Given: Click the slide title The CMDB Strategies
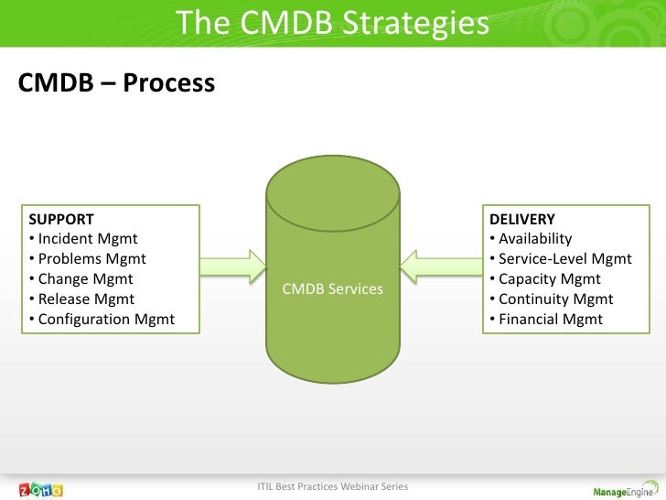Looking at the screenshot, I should click(332, 22).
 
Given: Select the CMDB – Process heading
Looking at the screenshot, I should click(115, 84).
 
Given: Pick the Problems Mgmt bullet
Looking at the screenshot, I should click(86, 259).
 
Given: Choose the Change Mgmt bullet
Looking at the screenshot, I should click(81, 279).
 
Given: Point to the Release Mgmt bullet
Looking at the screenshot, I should click(81, 299).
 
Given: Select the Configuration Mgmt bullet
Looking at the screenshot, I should click(102, 320).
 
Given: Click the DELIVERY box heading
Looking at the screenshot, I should click(521, 220).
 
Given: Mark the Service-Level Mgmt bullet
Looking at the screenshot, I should click(559, 259).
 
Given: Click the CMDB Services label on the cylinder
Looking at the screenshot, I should click(333, 289).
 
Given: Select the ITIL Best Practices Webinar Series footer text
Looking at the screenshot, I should click(333, 484).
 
